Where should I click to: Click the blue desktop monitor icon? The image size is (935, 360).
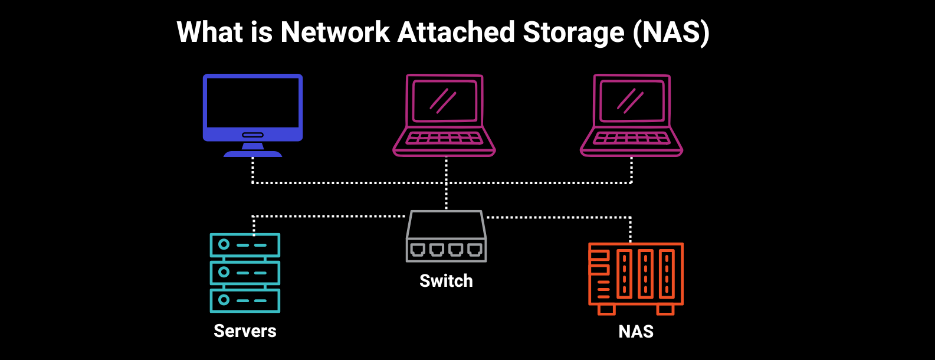252,109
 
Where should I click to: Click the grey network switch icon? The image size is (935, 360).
447,237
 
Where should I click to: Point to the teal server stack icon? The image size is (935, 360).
245,273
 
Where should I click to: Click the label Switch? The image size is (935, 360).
446,281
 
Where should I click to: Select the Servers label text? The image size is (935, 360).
245,331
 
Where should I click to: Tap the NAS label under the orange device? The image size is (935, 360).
636,332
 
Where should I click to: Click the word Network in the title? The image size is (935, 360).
335,32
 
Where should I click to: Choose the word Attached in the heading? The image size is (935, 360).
457,32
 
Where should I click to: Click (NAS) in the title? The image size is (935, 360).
671,32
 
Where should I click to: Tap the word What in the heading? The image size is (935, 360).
209,32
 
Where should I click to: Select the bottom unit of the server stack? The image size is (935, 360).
245,300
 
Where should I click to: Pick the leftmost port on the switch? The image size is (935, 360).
418,250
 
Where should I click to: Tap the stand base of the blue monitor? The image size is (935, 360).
252,153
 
